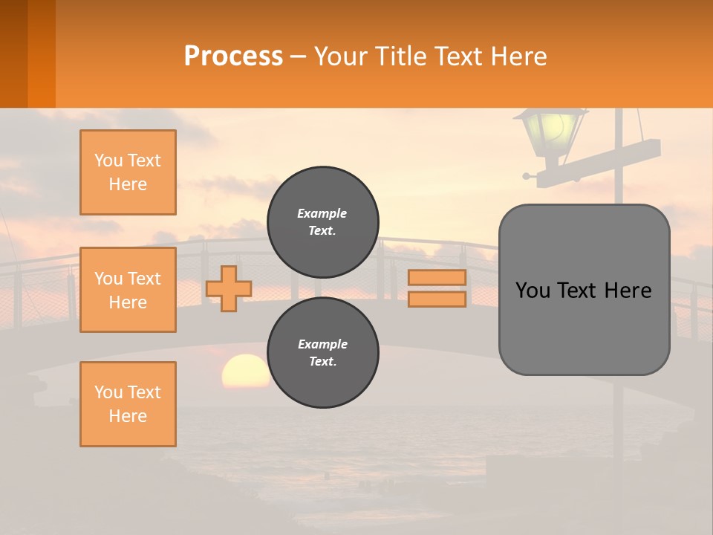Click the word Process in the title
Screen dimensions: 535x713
(233, 56)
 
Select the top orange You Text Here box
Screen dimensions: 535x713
(128, 172)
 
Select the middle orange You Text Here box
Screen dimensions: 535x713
(128, 290)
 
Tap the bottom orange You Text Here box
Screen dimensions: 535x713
(128, 403)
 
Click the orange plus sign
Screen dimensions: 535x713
(229, 288)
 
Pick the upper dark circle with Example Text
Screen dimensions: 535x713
(323, 221)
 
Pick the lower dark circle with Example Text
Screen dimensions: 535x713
(323, 352)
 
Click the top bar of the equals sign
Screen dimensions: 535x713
(437, 277)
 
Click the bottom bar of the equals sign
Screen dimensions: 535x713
(437, 299)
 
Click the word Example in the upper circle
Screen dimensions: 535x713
(322, 213)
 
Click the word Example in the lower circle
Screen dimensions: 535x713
(322, 344)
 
